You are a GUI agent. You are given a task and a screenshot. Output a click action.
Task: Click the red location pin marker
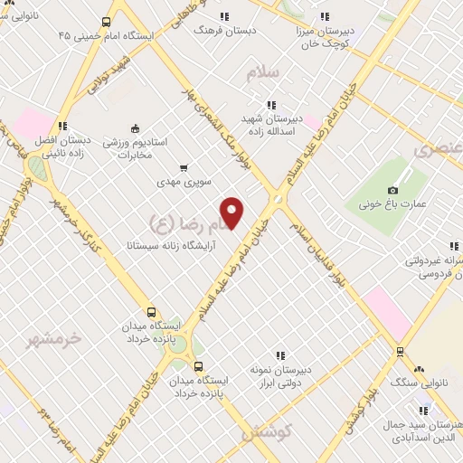232,212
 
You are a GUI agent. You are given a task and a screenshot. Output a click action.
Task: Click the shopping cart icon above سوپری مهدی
184,167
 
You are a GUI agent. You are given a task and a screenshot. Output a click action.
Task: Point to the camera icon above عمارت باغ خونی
392,190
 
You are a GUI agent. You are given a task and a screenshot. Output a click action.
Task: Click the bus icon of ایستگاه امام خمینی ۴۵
107,23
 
